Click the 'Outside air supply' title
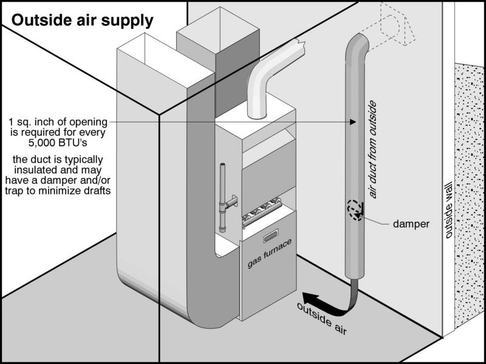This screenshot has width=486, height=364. (83, 20)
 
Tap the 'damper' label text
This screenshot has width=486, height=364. (411, 224)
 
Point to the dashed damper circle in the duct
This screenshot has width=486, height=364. (355, 210)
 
